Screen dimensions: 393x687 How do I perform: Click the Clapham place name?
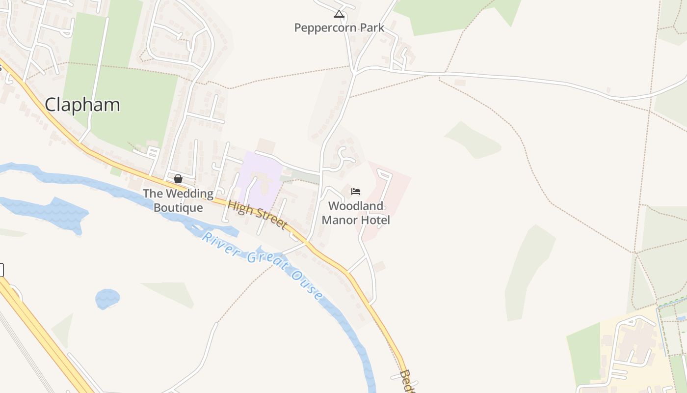[x=82, y=105]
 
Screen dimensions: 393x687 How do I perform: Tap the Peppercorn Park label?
[x=339, y=28]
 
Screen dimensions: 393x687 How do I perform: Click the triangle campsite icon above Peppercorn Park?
[x=339, y=14]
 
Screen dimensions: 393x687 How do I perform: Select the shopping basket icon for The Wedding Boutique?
[x=178, y=179]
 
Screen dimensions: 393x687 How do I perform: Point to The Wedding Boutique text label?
[x=178, y=200]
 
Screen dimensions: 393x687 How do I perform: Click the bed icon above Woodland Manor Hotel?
[x=356, y=191]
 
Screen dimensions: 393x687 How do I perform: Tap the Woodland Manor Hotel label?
[x=356, y=213]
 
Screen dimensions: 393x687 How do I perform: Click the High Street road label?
[x=258, y=215]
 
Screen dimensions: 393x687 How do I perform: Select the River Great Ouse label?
[x=263, y=265]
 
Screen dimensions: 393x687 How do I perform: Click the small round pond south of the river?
[x=107, y=299]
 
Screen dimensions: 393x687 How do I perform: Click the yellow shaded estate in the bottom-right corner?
[x=633, y=349]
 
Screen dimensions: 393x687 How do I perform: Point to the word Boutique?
[x=178, y=208]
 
